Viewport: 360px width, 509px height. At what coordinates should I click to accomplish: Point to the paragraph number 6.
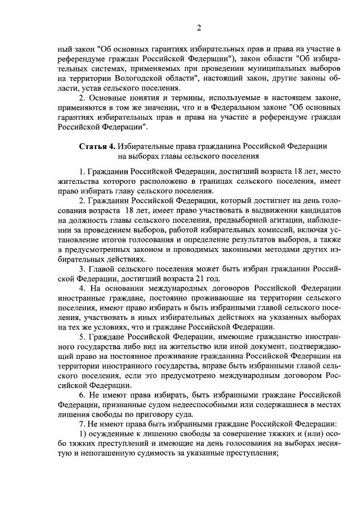pos(82,395)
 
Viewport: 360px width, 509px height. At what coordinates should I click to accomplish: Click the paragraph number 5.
pos(82,337)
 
